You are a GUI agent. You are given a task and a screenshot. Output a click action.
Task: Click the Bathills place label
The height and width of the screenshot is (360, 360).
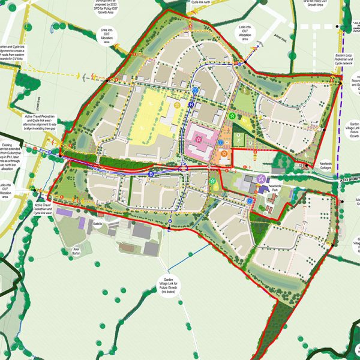[x=98, y=224]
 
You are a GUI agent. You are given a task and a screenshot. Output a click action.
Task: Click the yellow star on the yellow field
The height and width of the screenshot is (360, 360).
[x=177, y=105]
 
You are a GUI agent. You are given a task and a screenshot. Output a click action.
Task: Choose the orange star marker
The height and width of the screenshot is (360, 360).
[x=224, y=155]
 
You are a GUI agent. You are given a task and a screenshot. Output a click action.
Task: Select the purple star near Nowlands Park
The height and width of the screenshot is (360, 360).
[x=261, y=178]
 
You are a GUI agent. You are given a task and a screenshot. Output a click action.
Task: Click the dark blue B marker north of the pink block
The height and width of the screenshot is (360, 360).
[x=191, y=106]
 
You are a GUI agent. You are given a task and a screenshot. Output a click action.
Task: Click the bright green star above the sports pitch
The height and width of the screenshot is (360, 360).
[x=232, y=114]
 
